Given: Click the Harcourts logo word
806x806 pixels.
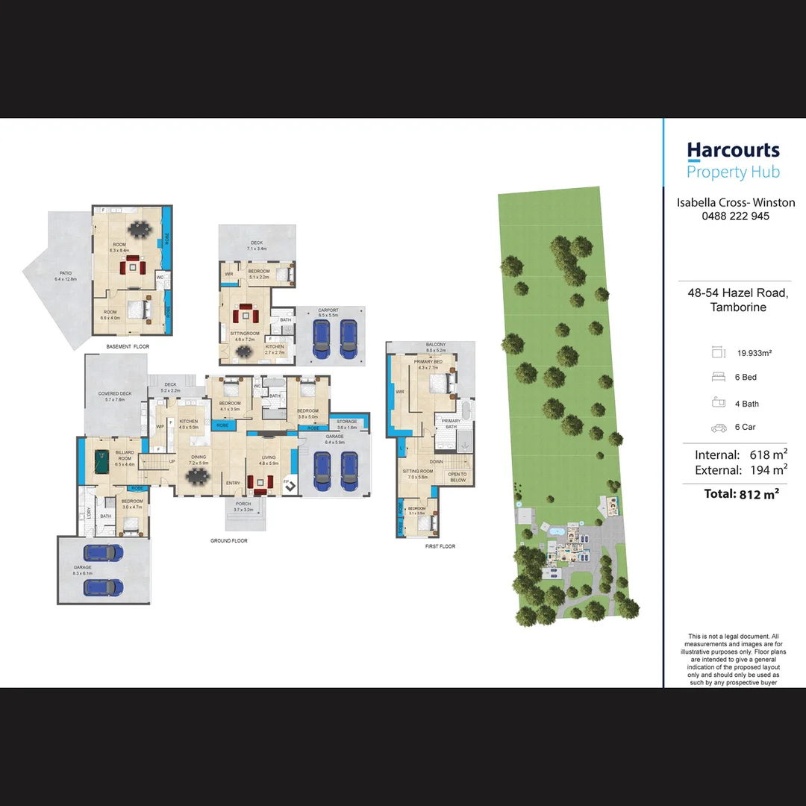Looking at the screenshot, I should click(x=733, y=151).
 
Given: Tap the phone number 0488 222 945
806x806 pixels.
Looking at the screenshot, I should click(x=735, y=216).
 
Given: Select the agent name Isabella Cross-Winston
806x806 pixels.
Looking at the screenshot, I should click(x=735, y=202).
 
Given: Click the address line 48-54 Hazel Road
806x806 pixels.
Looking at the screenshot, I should click(x=737, y=293).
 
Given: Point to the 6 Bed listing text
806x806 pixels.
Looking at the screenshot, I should click(x=746, y=378).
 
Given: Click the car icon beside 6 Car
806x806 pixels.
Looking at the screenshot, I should click(x=719, y=428).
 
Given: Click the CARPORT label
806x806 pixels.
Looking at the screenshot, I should click(x=328, y=310).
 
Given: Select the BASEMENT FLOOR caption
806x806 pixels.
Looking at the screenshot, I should click(x=128, y=347).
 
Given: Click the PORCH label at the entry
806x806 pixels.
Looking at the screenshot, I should click(x=243, y=504).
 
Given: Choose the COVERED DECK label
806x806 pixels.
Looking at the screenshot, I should click(x=114, y=394).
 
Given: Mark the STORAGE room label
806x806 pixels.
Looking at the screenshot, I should click(x=347, y=422).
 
